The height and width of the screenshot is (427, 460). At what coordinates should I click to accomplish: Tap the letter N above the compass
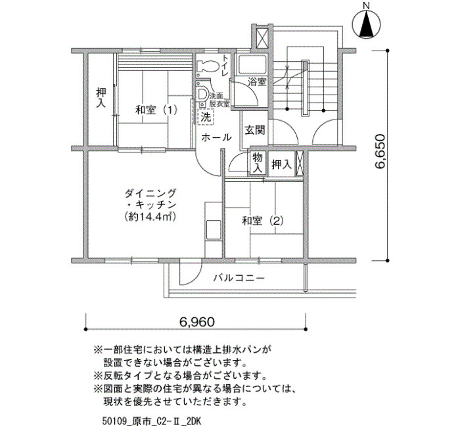pyautogui.click(x=366, y=5)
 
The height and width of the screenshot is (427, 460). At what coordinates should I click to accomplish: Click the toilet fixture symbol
pyautogui.click(x=207, y=66)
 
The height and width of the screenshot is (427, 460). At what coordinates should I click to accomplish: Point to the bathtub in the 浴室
pyautogui.click(x=252, y=65)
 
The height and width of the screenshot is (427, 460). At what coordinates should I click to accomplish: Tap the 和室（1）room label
pyautogui.click(x=156, y=110)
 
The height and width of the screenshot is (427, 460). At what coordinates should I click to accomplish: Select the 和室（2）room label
pyautogui.click(x=263, y=221)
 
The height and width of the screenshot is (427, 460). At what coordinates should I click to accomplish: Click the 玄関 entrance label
pyautogui.click(x=255, y=130)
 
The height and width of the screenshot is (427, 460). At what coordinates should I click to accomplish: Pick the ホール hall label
pyautogui.click(x=216, y=137)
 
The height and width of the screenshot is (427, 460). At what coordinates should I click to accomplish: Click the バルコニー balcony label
pyautogui.click(x=239, y=277)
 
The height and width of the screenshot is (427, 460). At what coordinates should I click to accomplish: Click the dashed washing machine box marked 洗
pyautogui.click(x=206, y=118)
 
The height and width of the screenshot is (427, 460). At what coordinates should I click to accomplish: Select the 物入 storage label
pyautogui.click(x=258, y=163)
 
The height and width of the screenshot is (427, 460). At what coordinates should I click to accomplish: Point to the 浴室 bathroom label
pyautogui.click(x=257, y=81)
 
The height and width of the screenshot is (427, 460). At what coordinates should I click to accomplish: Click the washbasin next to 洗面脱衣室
pyautogui.click(x=202, y=95)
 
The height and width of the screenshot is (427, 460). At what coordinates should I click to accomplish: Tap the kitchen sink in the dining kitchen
pyautogui.click(x=214, y=230)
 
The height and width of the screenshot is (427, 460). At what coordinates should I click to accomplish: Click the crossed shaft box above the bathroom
pyautogui.click(x=263, y=38)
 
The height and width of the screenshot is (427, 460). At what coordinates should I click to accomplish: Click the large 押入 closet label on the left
pyautogui.click(x=101, y=98)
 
